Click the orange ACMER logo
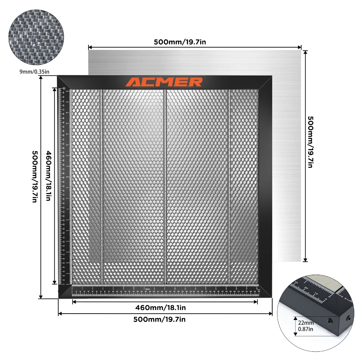tap(164, 82)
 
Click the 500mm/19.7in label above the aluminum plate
tap(180, 42)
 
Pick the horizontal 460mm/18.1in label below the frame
tap(161, 307)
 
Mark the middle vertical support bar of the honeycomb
tap(165, 185)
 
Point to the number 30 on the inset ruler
tap(297, 282)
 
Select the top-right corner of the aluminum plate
tap(301, 50)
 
